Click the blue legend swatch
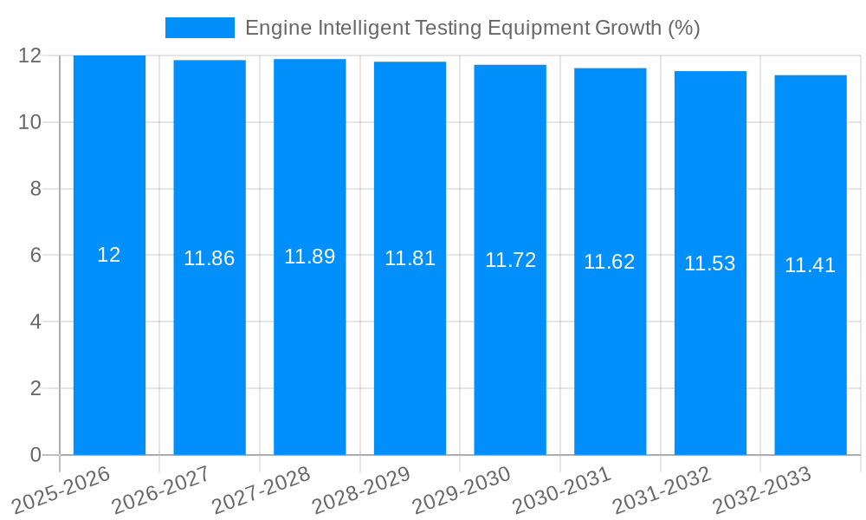(199, 28)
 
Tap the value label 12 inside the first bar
(109, 255)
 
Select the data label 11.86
(209, 258)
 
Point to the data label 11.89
(309, 257)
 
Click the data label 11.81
(410, 258)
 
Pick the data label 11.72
(510, 260)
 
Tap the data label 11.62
(610, 262)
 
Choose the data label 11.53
(710, 263)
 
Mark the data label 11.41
(811, 265)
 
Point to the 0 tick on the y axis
(36, 455)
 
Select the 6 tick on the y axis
(36, 256)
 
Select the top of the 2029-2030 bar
(510, 66)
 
